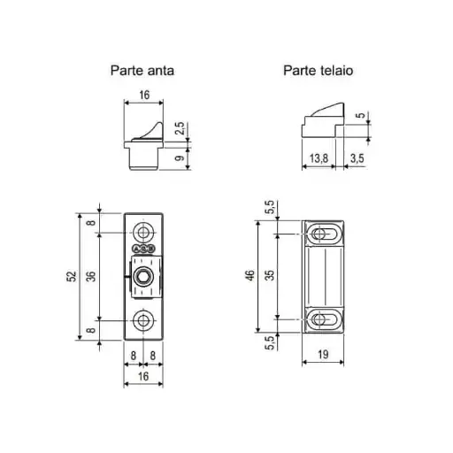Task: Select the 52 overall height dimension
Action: [x=70, y=276]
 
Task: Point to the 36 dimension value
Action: [x=91, y=276]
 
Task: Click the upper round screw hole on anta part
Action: [x=142, y=234]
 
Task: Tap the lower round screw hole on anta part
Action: [x=142, y=319]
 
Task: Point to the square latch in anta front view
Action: [x=142, y=276]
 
